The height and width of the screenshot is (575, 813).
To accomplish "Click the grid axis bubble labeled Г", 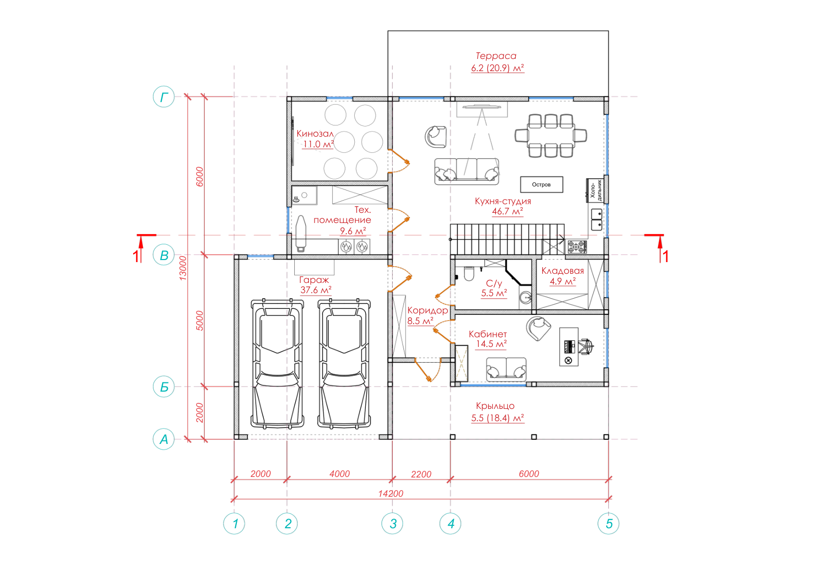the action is click(164, 97).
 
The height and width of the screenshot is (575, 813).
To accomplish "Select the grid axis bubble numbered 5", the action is click(608, 524).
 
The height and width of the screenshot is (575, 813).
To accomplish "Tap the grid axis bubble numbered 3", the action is click(392, 524).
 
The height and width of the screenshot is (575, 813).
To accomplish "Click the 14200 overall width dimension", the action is click(391, 493).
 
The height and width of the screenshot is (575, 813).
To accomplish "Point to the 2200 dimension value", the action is click(421, 474).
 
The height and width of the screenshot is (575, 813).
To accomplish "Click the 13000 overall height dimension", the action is click(183, 268).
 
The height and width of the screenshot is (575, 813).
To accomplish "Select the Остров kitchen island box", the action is click(542, 185).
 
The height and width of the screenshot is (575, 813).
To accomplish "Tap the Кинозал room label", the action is click(315, 134).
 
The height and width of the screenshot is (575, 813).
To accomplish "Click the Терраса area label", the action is click(496, 56).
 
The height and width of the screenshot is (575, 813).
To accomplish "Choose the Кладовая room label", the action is click(562, 271).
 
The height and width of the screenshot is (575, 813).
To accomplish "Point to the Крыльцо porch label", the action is click(495, 406).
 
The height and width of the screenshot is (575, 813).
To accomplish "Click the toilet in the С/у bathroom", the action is click(469, 274).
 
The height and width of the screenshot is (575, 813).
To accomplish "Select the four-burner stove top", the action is click(576, 247).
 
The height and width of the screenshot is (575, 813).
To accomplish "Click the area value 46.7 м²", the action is click(508, 211).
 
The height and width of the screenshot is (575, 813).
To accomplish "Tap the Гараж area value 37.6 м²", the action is click(316, 290).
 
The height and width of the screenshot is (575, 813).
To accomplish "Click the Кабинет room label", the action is click(487, 334).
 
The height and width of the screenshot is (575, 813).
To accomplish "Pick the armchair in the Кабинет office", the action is click(539, 328).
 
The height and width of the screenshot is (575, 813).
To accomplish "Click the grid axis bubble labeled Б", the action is click(164, 387).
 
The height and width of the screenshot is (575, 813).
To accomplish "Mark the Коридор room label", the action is click(427, 310).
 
